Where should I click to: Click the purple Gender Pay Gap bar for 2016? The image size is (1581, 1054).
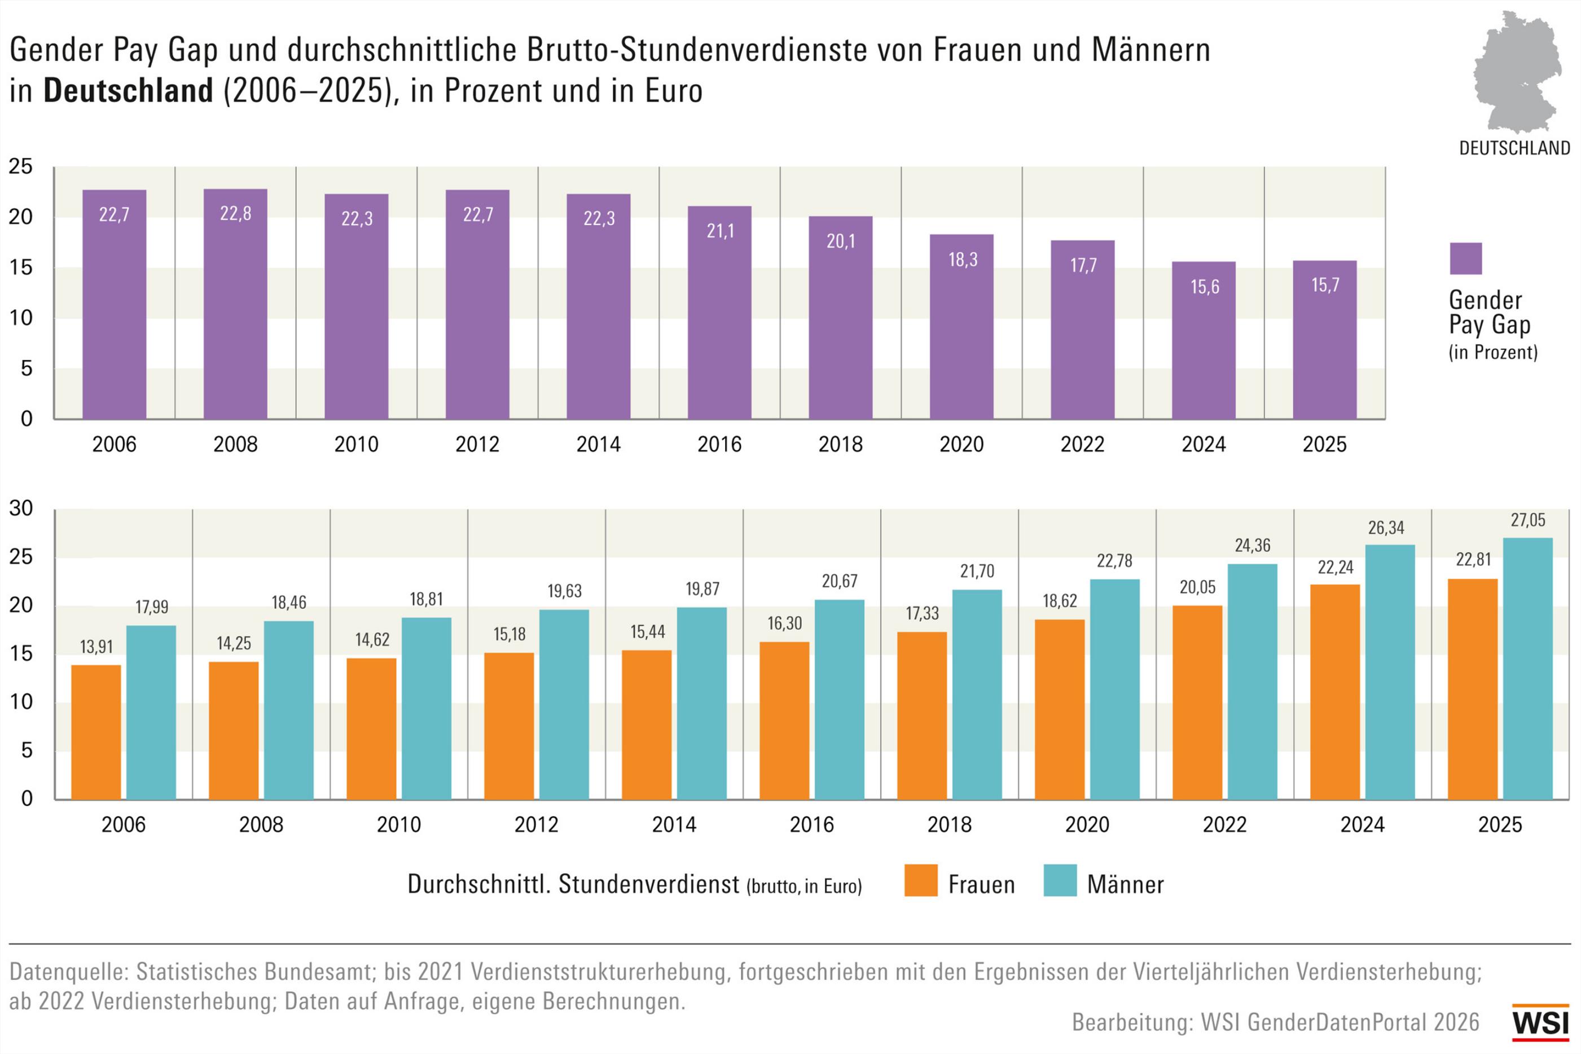(719, 313)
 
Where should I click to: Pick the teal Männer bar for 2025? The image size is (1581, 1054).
(1528, 669)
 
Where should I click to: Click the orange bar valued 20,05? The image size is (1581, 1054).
(1197, 702)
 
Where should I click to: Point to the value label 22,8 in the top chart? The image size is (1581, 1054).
(235, 214)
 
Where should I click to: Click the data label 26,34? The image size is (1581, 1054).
(1386, 528)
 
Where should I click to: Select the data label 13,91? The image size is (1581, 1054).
(96, 647)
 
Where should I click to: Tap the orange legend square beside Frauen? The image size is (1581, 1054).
(920, 881)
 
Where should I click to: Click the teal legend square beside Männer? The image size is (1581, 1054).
(1060, 881)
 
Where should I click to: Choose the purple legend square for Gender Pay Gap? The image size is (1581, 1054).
(1465, 259)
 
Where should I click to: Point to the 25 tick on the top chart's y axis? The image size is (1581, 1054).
(20, 166)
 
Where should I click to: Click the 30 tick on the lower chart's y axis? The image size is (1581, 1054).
(21, 508)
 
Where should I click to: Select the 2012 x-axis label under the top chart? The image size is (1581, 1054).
(477, 444)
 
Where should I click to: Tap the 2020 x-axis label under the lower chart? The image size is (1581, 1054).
(1087, 825)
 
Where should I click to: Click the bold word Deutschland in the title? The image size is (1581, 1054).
(128, 91)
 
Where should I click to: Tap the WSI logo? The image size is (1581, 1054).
(1540, 1023)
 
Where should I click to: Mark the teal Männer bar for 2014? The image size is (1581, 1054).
(701, 703)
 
